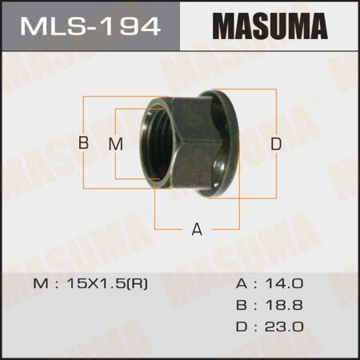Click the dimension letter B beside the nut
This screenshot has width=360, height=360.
[x=82, y=144]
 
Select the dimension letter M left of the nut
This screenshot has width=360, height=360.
[x=114, y=144]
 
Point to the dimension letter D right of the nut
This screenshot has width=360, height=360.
[x=276, y=144]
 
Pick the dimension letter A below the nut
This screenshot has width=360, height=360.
[x=196, y=230]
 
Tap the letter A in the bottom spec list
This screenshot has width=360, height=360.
[x=242, y=284]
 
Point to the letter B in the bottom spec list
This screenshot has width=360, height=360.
[x=242, y=305]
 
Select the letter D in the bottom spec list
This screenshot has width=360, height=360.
[x=242, y=326]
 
